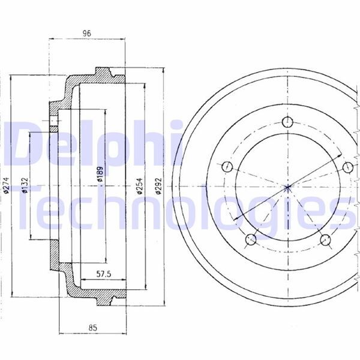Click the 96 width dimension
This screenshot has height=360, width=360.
(86, 34)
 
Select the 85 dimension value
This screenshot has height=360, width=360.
(92, 328)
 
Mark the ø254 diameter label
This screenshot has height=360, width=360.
(139, 187)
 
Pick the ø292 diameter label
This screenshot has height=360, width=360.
(158, 187)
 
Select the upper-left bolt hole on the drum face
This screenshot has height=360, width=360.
(227, 166)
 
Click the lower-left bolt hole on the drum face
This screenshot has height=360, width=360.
(251, 240)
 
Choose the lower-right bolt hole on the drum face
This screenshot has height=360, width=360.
(326, 240)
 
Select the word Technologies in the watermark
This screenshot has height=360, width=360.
(180, 207)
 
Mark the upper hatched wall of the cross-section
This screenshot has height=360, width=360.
(90, 81)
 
